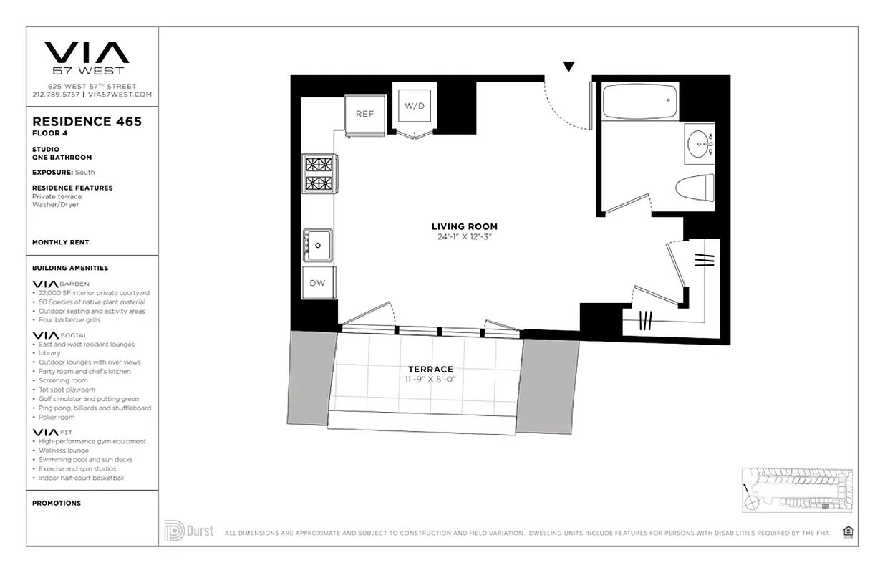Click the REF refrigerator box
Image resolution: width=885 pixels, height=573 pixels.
364,114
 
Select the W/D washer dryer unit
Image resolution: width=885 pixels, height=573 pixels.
415,106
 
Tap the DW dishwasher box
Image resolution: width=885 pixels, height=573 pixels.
317,283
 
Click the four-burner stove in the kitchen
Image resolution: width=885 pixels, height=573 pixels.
319,173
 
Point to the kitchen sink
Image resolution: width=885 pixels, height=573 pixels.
317,246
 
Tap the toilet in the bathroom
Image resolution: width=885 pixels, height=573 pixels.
695,188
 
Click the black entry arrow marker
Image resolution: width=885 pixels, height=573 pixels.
569,67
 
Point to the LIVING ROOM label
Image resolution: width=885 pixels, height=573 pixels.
464,226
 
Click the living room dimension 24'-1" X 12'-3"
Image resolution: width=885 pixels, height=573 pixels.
464,236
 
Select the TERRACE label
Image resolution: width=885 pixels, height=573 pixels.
430,370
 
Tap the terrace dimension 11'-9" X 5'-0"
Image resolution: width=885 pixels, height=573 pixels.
430,379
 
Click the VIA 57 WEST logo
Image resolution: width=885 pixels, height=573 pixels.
87,57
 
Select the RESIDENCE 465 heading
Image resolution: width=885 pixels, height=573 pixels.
87,122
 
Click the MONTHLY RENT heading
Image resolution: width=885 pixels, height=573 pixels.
61,243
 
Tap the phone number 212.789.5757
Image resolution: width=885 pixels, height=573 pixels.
56,94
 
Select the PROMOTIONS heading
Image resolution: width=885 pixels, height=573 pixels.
57,504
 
